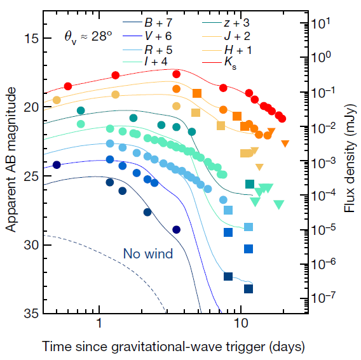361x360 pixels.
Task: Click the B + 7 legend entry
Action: (147, 23)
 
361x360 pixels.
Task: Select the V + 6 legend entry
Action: (147, 36)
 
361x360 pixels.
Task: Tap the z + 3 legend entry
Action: (226, 23)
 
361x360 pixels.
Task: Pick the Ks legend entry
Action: (219, 62)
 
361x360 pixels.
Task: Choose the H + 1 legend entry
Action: (227, 50)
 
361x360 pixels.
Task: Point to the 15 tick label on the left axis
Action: (31, 38)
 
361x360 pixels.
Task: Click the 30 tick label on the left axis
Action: (31, 245)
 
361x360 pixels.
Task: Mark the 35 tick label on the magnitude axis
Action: (31, 313)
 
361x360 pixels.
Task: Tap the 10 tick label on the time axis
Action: (241, 323)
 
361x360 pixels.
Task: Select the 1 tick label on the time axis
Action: (99, 323)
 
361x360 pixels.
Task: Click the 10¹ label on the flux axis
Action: (321, 23)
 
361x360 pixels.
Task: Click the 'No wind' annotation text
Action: (148, 253)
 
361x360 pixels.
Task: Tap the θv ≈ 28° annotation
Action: (88, 37)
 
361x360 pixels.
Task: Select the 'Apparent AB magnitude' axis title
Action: (11, 159)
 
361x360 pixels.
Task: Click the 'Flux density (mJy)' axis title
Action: (350, 158)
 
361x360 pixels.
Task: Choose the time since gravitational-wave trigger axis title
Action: (174, 347)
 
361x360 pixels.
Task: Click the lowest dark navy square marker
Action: (249, 289)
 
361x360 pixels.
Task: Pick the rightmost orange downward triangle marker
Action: (285, 143)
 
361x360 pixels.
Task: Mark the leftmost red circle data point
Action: (68, 86)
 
